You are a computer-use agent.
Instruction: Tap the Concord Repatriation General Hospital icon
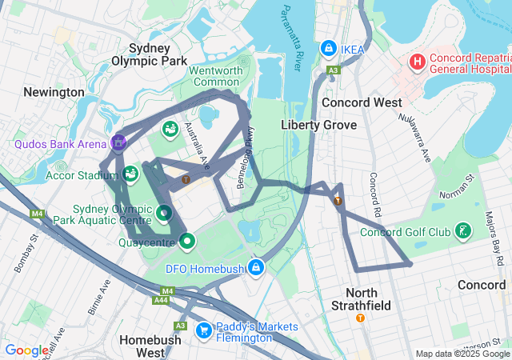click(x=418, y=62)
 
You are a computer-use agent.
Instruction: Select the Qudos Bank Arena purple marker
click(x=119, y=143)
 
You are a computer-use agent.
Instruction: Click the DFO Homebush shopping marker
click(x=256, y=267)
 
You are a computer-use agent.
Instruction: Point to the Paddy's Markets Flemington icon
click(x=204, y=329)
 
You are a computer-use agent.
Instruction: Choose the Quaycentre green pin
click(x=187, y=240)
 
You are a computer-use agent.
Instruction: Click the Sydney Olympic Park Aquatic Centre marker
click(x=163, y=213)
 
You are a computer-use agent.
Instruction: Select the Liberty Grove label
click(x=312, y=125)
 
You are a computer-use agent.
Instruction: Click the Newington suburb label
click(x=54, y=92)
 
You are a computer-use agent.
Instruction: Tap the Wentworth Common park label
click(x=215, y=76)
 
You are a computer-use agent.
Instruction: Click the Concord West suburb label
click(x=362, y=102)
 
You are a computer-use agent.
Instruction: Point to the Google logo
click(x=26, y=350)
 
